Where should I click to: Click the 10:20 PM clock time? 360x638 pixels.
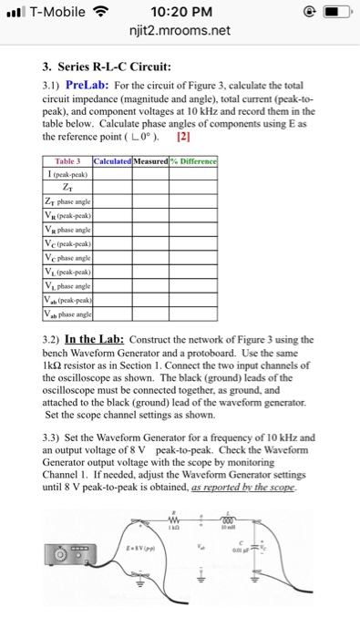(180, 13)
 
